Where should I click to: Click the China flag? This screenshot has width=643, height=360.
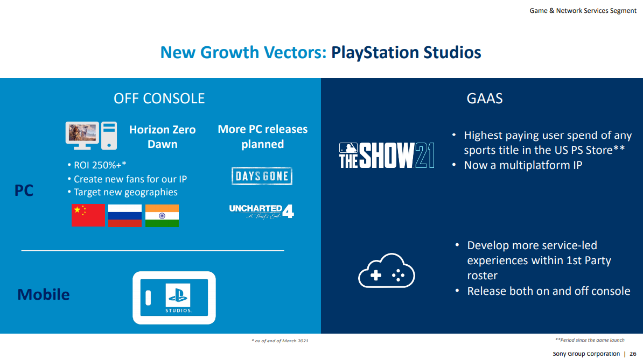(88, 215)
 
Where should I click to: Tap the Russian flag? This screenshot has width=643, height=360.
(125, 215)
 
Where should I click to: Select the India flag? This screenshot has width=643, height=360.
(162, 215)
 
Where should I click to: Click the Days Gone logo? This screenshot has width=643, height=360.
(262, 176)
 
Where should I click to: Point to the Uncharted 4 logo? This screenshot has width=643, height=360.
(262, 210)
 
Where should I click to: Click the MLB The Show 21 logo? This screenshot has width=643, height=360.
(387, 156)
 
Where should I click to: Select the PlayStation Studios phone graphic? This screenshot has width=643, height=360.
(174, 298)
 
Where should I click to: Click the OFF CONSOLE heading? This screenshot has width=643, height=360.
(159, 98)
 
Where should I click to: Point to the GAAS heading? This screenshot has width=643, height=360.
(485, 98)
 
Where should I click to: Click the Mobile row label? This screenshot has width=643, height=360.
(44, 294)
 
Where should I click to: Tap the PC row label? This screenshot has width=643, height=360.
(24, 190)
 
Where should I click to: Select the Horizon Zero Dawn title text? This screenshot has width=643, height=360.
(162, 137)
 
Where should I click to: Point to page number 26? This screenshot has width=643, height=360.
(633, 354)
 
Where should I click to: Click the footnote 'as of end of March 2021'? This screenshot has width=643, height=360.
(280, 341)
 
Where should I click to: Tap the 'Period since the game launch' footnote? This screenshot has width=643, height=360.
(590, 340)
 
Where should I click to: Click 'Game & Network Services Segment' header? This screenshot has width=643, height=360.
(583, 11)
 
